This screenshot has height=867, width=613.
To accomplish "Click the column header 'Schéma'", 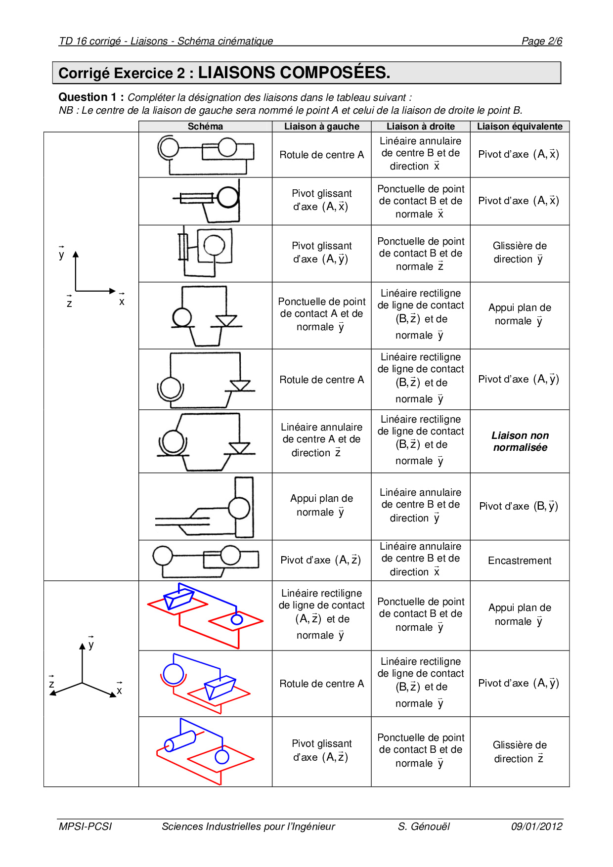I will [205, 127].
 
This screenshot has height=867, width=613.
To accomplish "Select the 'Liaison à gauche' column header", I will [321, 127].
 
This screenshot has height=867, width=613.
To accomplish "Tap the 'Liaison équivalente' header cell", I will [520, 127].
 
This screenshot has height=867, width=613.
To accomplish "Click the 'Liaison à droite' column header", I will [420, 127].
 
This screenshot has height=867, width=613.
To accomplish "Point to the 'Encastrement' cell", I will [520, 561].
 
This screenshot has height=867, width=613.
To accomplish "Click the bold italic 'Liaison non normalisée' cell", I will [520, 441].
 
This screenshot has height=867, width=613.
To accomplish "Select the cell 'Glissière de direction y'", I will [520, 253].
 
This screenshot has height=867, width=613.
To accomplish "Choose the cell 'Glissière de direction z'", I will [520, 752].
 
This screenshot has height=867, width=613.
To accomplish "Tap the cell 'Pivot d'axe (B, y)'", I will [519, 506].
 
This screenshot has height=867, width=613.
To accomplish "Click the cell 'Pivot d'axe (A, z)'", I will [321, 560].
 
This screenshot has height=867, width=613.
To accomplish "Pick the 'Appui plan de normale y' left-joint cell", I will [321, 506].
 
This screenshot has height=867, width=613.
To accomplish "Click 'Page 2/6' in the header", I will [542, 41].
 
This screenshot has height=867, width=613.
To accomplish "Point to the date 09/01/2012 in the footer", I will [536, 826].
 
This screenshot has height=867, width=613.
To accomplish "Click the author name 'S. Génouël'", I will [424, 826].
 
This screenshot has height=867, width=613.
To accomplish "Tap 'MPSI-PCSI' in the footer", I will [85, 826].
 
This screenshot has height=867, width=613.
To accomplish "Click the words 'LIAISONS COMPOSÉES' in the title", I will [294, 73].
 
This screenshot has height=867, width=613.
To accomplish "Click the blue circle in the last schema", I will [222, 757].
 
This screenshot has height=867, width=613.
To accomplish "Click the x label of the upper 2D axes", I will [122, 302].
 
